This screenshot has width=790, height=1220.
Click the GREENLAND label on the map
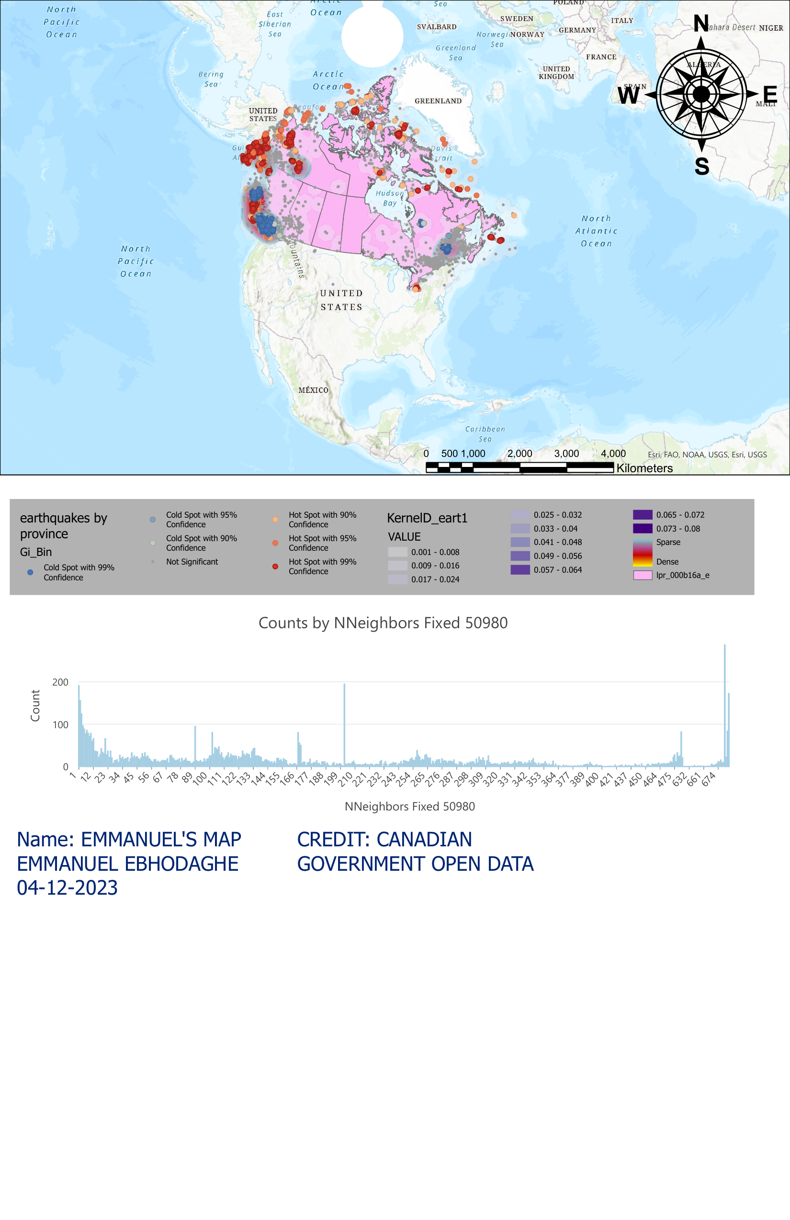click(x=438, y=101)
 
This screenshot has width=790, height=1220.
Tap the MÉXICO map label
click(x=313, y=390)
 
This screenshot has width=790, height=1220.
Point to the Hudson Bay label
click(x=389, y=198)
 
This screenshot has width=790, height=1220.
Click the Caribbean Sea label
click(x=485, y=433)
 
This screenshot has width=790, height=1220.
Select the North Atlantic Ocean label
click(x=596, y=231)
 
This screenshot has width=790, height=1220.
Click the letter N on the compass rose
click(x=701, y=23)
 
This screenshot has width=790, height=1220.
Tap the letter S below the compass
click(x=702, y=166)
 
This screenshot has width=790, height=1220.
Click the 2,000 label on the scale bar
click(x=519, y=454)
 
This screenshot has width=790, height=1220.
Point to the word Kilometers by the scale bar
click(x=644, y=468)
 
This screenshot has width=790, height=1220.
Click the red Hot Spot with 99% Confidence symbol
click(x=275, y=566)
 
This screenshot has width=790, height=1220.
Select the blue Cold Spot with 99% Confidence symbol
click(x=30, y=572)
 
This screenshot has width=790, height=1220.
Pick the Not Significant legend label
click(x=192, y=562)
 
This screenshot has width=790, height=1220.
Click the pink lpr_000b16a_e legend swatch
click(x=642, y=575)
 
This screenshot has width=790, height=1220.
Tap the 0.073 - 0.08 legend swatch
click(x=642, y=529)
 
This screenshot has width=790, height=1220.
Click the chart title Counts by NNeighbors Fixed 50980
click(x=383, y=623)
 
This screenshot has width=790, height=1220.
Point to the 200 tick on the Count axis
click(x=60, y=682)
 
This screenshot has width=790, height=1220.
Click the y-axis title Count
click(x=35, y=705)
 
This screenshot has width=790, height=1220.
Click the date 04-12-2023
click(x=67, y=888)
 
